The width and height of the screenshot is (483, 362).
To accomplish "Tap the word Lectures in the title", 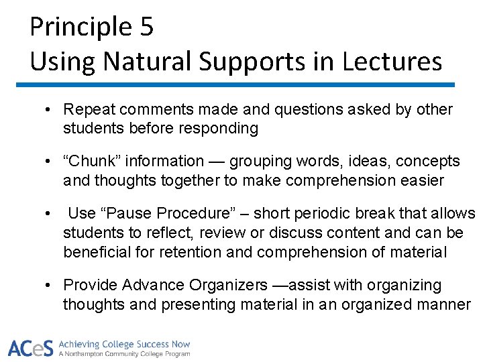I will coord(392,62).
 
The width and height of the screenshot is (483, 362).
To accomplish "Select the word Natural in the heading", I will coord(147,62).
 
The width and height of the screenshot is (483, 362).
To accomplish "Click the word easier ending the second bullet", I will coord(421,180).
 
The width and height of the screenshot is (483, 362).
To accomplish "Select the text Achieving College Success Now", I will coord(125,344).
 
